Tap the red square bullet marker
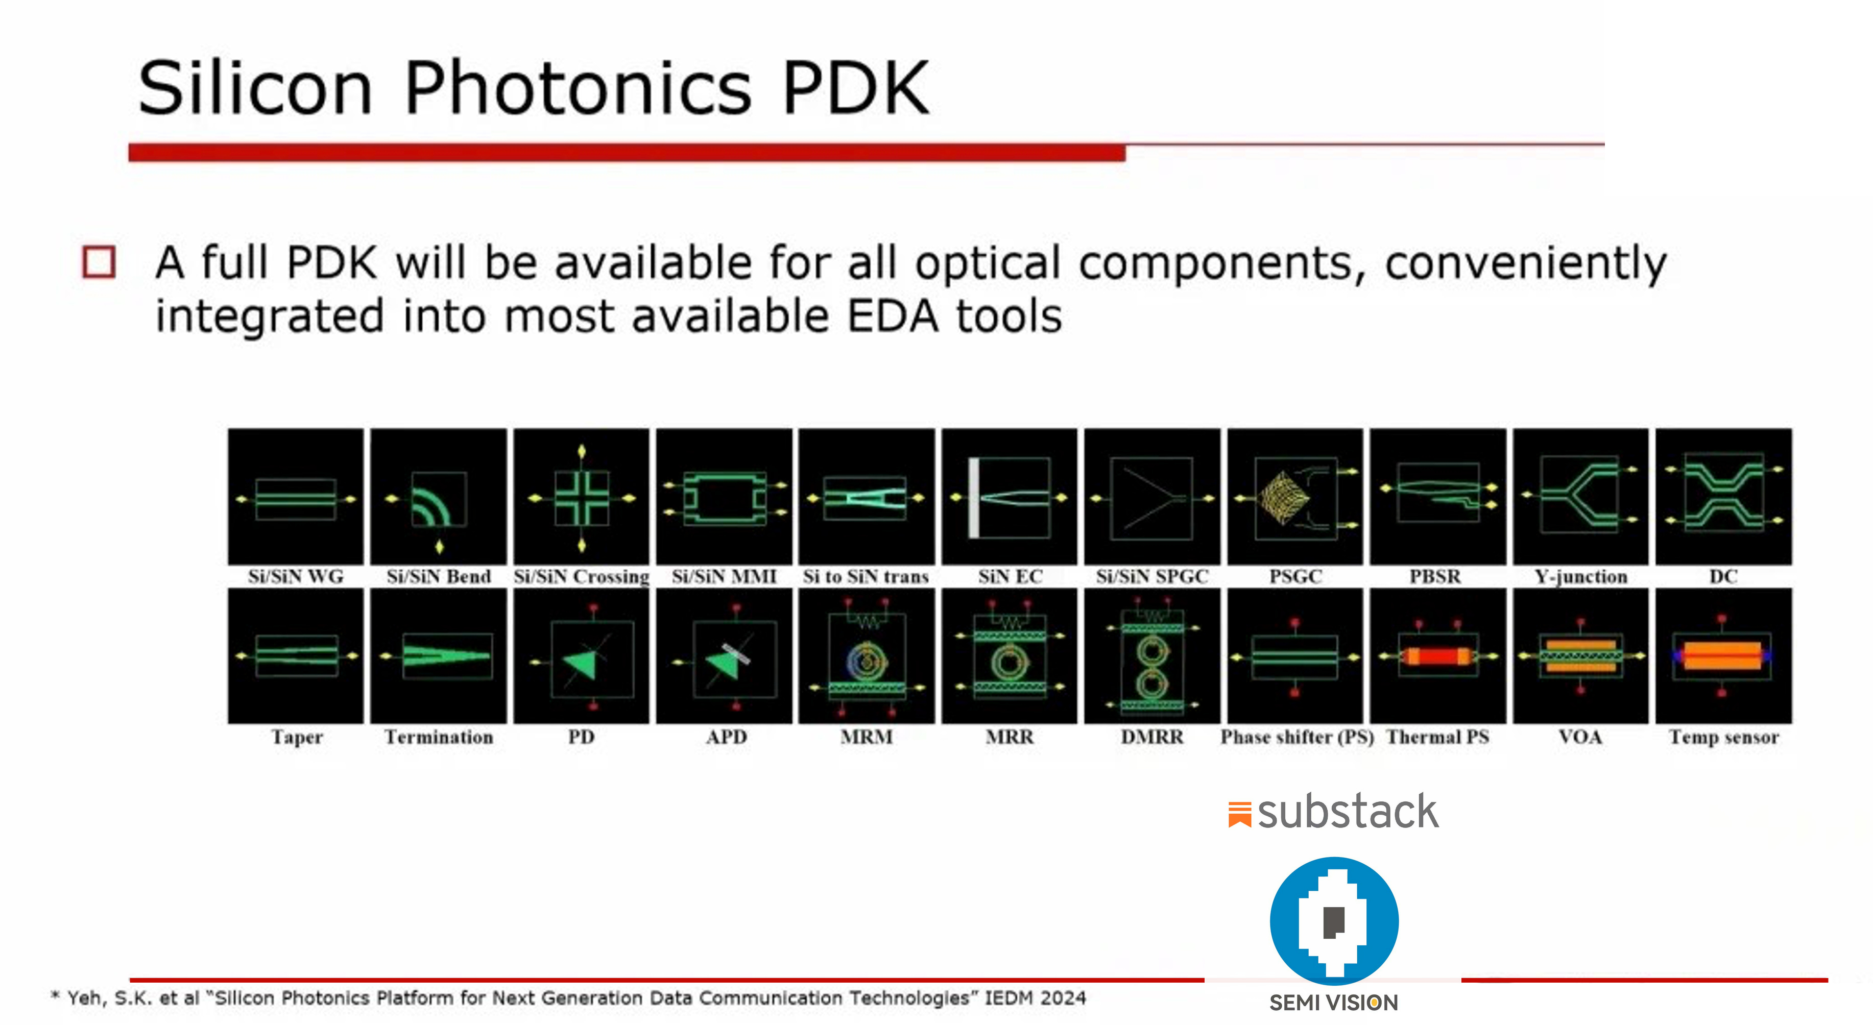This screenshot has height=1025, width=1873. [99, 262]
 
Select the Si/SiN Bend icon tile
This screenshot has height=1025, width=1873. [439, 497]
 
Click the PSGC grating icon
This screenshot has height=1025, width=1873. [1295, 497]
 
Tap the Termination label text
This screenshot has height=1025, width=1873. [439, 737]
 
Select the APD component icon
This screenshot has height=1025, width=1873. [724, 656]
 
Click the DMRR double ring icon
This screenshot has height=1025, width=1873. [1151, 656]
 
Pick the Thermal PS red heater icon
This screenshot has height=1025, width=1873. [1437, 656]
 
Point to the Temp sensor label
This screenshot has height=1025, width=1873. [1723, 737]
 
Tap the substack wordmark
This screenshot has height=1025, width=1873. [1347, 812]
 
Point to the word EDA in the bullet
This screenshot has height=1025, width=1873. [892, 317]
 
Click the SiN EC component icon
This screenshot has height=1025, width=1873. [1009, 497]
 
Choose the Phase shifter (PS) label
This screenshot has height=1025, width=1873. [1296, 737]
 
